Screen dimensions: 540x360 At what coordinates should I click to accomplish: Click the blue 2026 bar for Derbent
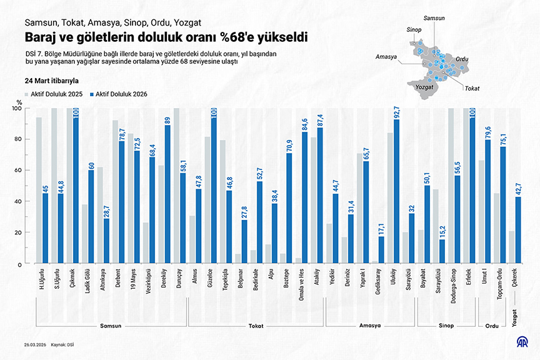pos(122,202)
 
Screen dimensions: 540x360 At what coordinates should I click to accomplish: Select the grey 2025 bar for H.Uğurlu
pos(39,190)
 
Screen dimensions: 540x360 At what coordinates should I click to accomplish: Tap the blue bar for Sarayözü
pos(411,238)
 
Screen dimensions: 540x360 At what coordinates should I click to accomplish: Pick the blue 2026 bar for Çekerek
pos(518,230)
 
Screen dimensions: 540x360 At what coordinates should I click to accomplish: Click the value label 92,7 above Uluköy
pos(397,112)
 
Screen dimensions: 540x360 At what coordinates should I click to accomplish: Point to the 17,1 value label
pos(382,229)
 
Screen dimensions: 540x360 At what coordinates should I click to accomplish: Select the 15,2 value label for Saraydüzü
pos(442,232)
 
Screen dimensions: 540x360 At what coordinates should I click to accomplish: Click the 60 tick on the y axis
pos(17,170)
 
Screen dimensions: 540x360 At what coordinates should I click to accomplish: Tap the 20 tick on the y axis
pos(17,232)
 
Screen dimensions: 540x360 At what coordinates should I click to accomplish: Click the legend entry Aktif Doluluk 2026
pos(119,94)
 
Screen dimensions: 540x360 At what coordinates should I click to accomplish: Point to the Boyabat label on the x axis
pos(423,278)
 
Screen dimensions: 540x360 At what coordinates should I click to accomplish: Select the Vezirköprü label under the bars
pos(149,281)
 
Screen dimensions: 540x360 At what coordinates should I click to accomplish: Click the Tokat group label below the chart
pos(256,326)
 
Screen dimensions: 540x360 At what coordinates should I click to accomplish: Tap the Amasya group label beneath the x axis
pos(370,326)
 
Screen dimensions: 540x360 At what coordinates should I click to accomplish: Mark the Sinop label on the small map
pos(414,29)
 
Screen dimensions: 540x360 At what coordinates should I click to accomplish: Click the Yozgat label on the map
pos(424,87)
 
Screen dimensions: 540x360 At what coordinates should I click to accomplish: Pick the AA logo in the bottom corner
pos(522,341)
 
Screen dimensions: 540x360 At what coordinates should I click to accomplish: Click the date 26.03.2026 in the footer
pos(35,345)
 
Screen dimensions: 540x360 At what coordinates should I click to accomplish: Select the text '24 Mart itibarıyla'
pos(52,81)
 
